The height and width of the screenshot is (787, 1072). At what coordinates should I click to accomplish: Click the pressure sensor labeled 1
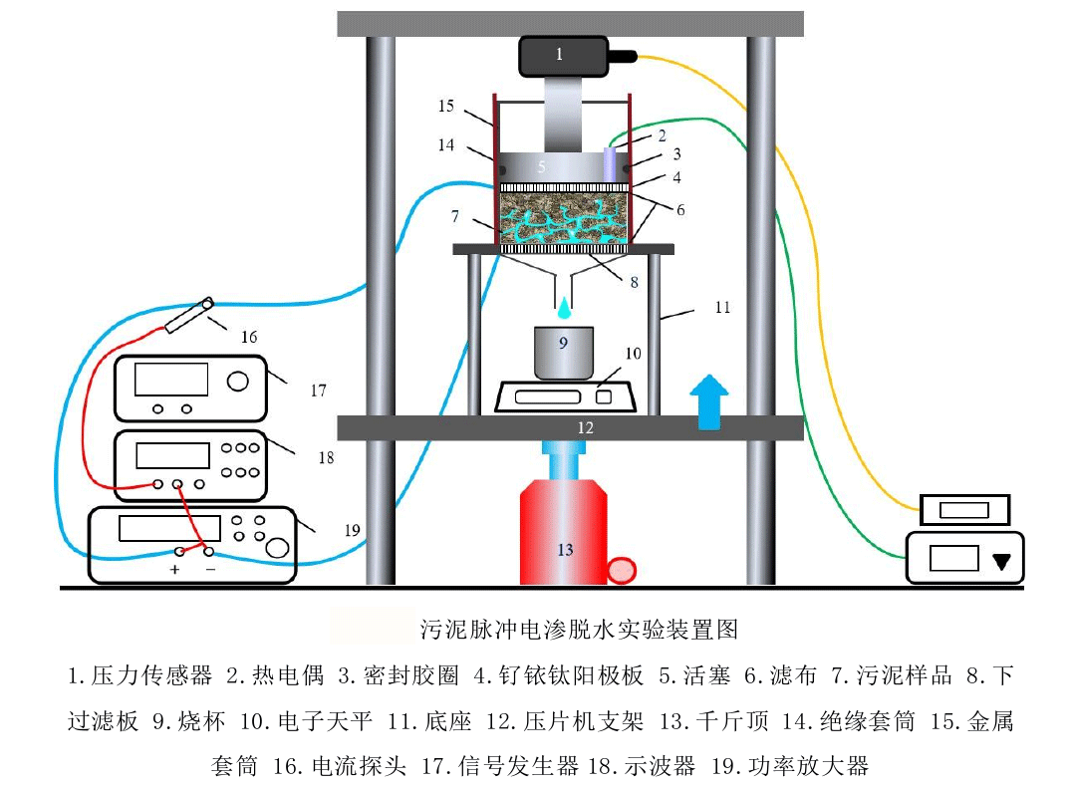563,56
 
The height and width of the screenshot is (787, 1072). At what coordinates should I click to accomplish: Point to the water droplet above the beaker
564,303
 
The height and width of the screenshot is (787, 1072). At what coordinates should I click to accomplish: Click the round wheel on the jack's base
622,571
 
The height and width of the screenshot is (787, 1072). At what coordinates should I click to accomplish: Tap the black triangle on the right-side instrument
1002,561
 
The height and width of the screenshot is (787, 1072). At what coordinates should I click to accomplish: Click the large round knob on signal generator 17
238,381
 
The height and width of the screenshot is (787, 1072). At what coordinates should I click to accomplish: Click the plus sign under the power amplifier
175,569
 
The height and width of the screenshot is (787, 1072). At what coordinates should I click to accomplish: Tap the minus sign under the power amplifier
210,569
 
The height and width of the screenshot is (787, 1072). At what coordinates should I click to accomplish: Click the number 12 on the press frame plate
586,428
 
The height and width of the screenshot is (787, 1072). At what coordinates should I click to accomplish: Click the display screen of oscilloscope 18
170,455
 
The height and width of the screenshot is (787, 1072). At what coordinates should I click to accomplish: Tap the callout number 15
445,106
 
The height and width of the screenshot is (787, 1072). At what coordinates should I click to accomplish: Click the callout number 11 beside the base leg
721,307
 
